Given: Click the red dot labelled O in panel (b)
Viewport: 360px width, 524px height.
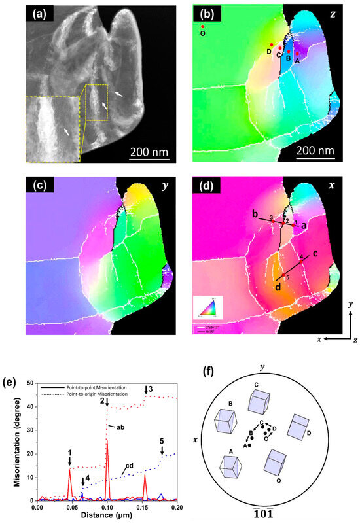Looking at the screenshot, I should [203, 26].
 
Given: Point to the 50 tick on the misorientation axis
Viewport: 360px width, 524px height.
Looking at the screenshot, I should [29, 382].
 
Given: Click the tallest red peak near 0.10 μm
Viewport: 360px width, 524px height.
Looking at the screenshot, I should [107, 440].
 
